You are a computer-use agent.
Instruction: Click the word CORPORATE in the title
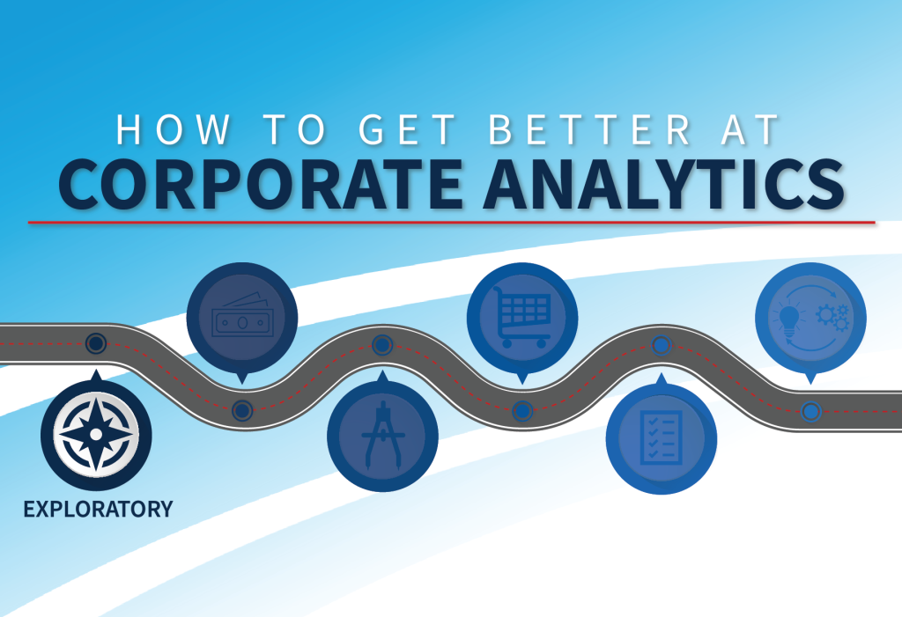pyautogui.click(x=261, y=184)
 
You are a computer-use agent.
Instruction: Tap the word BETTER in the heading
pyautogui.click(x=589, y=129)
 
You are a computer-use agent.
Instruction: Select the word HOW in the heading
pyautogui.click(x=174, y=129)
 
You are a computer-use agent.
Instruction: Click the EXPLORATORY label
pyautogui.click(x=98, y=509)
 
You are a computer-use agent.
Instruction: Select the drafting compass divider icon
pyautogui.click(x=382, y=436)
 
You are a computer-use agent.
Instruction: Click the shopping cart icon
pyautogui.click(x=522, y=317)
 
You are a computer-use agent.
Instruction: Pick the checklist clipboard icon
pyautogui.click(x=662, y=438)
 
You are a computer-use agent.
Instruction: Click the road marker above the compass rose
pyautogui.click(x=96, y=344)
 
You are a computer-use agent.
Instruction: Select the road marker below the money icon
pyautogui.click(x=242, y=410)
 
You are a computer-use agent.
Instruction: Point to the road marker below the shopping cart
pyautogui.click(x=522, y=411)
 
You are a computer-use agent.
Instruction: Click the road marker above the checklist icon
pyautogui.click(x=662, y=345)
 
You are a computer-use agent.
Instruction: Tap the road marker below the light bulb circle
pyautogui.click(x=811, y=412)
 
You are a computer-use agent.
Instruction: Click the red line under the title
pyautogui.click(x=452, y=222)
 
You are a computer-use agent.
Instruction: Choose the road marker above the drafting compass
pyautogui.click(x=382, y=345)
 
